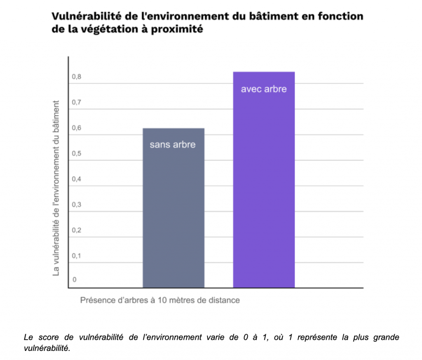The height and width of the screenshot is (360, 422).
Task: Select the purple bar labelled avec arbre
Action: coord(264,186)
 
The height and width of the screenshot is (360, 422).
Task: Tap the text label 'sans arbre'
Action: coord(173,145)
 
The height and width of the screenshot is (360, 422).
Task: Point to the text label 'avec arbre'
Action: coord(264,89)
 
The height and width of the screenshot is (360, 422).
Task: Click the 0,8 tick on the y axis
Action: coord(77,77)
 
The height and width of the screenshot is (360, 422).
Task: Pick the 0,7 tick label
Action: coord(77,103)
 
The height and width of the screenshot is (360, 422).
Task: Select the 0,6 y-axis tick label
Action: coord(77,128)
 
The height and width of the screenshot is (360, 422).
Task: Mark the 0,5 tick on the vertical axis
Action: coord(77,154)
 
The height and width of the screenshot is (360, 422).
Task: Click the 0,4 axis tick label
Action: coord(77,179)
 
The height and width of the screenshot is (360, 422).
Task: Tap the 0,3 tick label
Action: coord(77,205)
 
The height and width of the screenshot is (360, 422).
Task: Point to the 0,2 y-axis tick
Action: coord(77,231)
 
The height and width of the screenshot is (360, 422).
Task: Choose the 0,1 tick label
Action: coord(77,256)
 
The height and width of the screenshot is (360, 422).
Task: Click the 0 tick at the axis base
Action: coord(75,280)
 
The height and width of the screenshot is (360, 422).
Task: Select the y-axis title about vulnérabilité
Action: coord(56,188)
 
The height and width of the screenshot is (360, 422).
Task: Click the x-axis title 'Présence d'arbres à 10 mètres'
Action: coord(160,300)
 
